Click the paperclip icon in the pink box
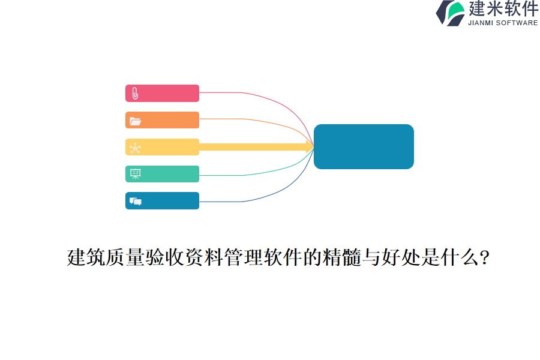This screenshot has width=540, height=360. (x=135, y=94)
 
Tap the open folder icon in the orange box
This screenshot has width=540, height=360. (x=135, y=121)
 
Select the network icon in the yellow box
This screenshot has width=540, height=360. (x=135, y=148)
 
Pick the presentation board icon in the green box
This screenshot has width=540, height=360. (x=135, y=174)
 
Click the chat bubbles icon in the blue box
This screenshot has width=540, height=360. (x=135, y=201)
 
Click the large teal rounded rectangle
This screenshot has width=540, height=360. (x=364, y=146)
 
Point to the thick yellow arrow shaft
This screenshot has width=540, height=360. (x=252, y=147)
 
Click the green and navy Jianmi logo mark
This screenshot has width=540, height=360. (x=450, y=13)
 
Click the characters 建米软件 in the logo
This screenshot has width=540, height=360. (x=503, y=9)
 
